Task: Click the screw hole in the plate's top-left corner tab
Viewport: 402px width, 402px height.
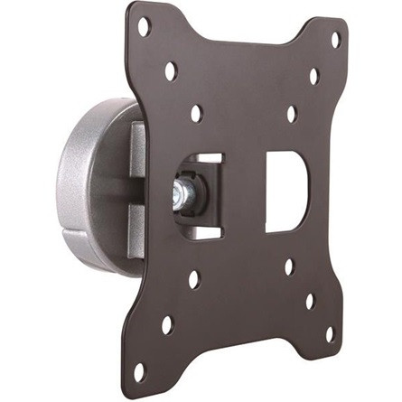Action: point(143,27)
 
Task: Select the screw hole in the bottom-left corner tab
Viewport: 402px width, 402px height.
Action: point(139,370)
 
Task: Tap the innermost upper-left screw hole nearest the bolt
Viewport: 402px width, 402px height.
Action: point(196,113)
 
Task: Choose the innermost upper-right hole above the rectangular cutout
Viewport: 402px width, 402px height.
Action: point(292,115)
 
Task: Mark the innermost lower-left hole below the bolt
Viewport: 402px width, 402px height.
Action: point(193,279)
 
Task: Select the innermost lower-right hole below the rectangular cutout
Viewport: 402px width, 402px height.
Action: point(289,267)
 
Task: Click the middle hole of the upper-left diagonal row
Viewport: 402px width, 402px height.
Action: point(170,70)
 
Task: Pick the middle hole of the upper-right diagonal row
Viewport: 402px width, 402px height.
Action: point(314,76)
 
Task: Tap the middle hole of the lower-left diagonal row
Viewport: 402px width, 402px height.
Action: point(166,324)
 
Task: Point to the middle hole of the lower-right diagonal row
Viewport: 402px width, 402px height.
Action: point(309,302)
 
